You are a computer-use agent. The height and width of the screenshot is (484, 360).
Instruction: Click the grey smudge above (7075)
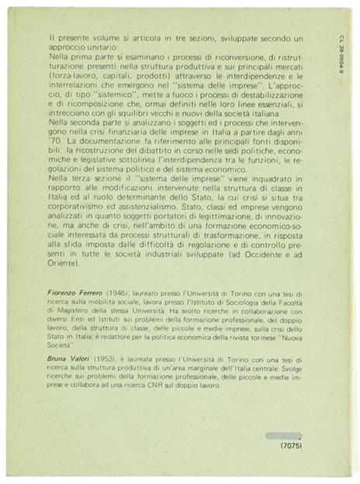[x=288, y=435]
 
